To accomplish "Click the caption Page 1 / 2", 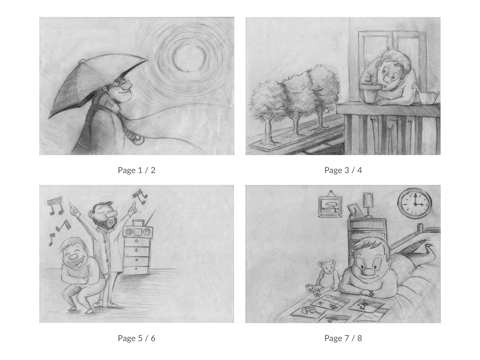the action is click(x=136, y=170).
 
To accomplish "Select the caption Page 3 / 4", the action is click(x=343, y=170).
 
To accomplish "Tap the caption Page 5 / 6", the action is click(x=136, y=338).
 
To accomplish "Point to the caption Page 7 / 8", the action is click(x=343, y=338).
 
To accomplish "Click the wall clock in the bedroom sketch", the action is click(x=414, y=204).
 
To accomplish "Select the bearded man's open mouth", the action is click(x=111, y=222).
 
